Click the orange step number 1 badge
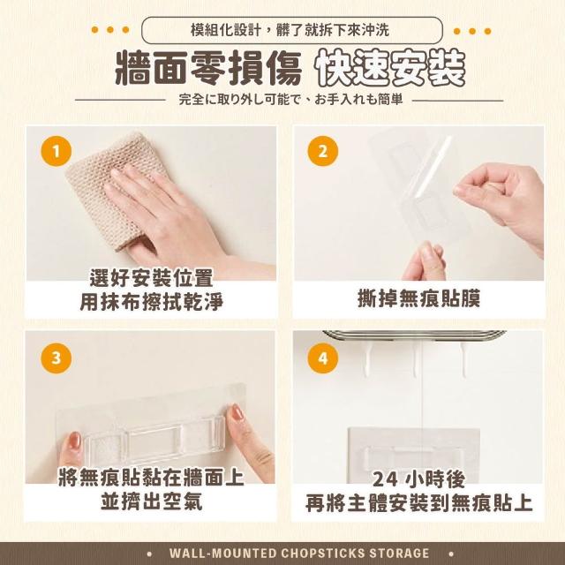(56, 151)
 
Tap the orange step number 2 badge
(322, 151)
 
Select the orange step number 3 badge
(56, 358)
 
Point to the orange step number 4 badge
(322, 358)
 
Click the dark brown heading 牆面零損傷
(208, 69)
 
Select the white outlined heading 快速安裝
(390, 69)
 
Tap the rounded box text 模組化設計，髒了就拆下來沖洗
(290, 30)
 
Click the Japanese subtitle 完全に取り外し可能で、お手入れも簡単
(290, 100)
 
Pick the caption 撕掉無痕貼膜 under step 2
(418, 299)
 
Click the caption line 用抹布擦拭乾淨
(151, 302)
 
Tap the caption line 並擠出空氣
(151, 501)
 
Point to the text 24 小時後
(418, 479)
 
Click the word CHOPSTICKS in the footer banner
(318, 554)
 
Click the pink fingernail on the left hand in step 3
(74, 441)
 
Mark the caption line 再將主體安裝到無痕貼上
(418, 503)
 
